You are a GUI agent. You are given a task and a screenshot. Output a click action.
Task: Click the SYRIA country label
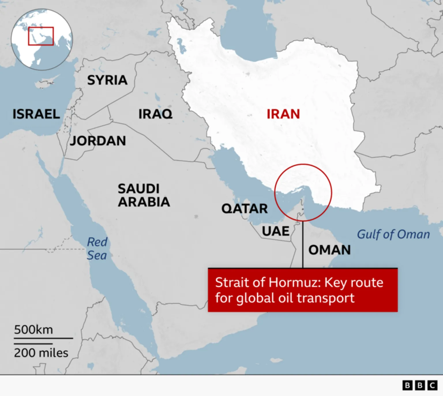(107, 80)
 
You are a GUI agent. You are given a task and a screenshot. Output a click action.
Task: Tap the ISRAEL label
(36, 114)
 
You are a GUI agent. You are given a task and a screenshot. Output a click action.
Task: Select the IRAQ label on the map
(155, 114)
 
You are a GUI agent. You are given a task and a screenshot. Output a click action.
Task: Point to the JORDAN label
(98, 141)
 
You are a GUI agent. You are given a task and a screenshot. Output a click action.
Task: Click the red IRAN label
(283, 114)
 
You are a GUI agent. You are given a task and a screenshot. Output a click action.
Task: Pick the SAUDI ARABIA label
(144, 195)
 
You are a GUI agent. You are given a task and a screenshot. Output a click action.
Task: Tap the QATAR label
(245, 209)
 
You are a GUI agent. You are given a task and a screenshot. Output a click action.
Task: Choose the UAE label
(275, 231)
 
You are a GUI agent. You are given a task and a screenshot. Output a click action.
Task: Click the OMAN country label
(329, 250)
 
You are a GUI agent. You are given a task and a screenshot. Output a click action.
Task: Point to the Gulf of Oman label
(393, 235)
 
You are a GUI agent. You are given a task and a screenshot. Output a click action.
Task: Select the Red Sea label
(97, 249)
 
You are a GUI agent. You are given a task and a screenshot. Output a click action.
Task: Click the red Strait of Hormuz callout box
(303, 290)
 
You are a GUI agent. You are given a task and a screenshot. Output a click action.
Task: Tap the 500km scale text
(33, 329)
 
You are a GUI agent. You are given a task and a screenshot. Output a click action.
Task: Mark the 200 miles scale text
(41, 353)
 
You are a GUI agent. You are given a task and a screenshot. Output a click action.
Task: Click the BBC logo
(420, 385)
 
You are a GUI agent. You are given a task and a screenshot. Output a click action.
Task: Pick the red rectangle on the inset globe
(41, 36)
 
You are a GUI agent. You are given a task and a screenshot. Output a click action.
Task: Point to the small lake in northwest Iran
(181, 46)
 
